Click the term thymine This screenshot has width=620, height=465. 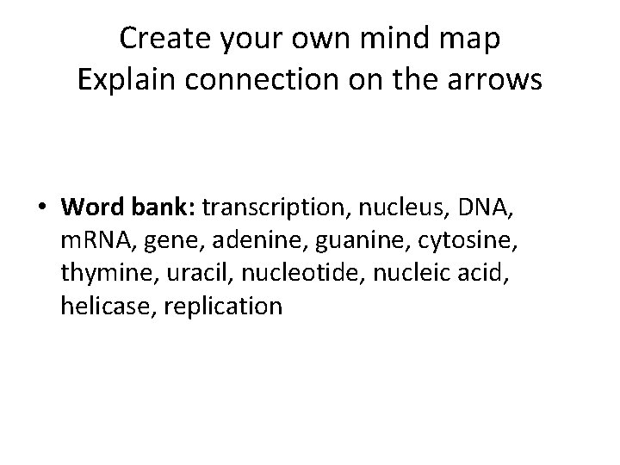[102, 275]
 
